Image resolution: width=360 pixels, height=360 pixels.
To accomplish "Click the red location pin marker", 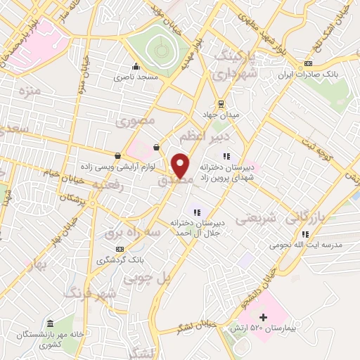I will point(180,165).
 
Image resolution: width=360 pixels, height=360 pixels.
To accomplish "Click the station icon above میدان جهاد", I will point(221,103).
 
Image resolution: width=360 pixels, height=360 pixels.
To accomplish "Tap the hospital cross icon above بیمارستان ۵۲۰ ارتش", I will point(264,317).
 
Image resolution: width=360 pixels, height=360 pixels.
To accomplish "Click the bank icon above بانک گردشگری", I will point(120,249).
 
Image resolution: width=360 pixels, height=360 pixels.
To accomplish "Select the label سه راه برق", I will point(134,231).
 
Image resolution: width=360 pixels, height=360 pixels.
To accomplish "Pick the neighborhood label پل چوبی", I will point(148,278).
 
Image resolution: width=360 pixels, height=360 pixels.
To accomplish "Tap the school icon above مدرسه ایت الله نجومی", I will point(304,234).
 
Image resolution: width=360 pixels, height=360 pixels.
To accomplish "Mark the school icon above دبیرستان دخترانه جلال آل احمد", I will point(197,212).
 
